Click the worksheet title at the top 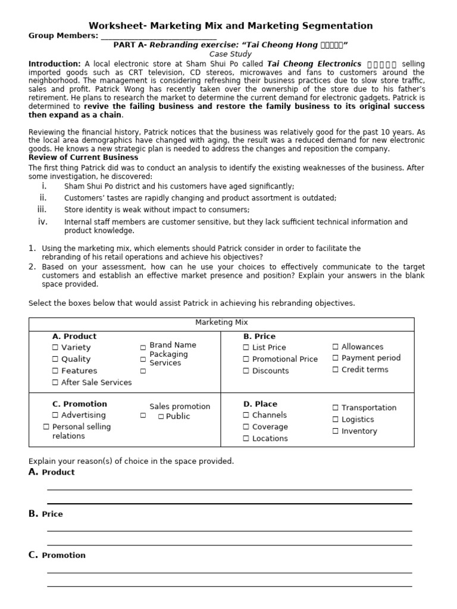coord(231,26)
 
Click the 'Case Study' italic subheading coord(230,54)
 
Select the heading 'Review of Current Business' coord(83,158)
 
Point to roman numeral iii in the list coord(42,209)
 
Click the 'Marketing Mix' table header coord(221,322)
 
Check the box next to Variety coord(55,348)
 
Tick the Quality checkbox coord(55,359)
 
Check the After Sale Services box coord(55,382)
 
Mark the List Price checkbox coord(246,348)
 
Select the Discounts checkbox coord(246,371)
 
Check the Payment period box coord(336,358)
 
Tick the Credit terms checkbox coord(336,370)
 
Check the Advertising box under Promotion coord(55,416)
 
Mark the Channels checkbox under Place coord(246,416)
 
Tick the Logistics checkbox coord(336,420)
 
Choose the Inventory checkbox coord(336,432)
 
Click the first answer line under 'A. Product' coord(229,489)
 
